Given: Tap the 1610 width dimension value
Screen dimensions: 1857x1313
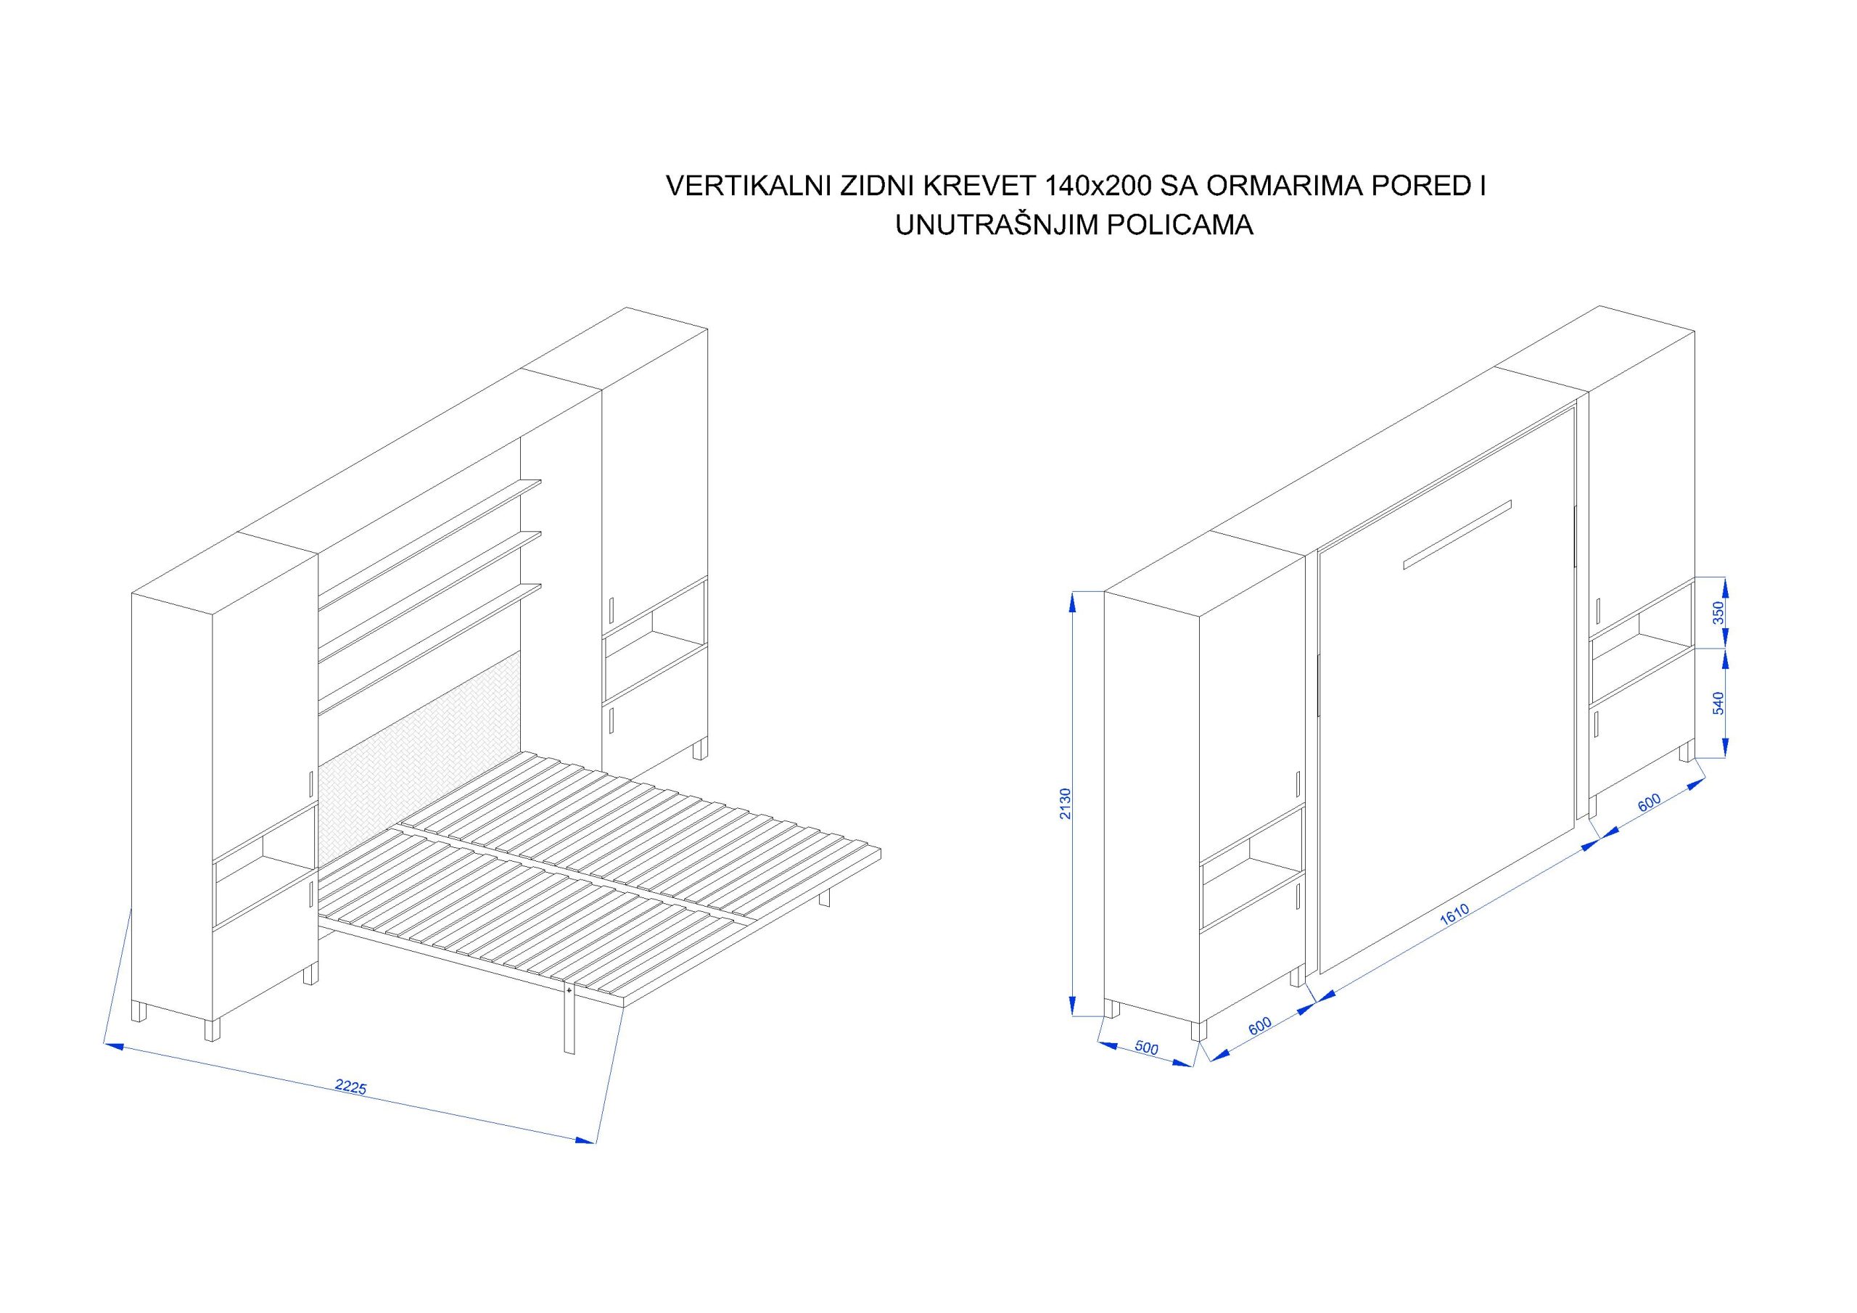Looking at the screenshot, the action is pyautogui.click(x=1454, y=915).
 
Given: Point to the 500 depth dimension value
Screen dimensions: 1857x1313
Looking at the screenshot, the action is pyautogui.click(x=1147, y=1047).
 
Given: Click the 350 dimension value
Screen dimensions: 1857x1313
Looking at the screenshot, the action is pyautogui.click(x=1718, y=612).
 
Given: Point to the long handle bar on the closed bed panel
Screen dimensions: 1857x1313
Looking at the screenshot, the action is pyautogui.click(x=1457, y=535).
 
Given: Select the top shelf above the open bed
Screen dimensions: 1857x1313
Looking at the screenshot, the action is pyautogui.click(x=429, y=540).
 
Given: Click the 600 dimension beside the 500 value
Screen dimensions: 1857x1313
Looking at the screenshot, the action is pyautogui.click(x=1260, y=1026).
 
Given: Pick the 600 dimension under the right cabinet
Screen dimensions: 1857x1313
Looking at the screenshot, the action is pyautogui.click(x=1648, y=802).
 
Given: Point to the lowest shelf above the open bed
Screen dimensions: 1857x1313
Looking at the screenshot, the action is pyautogui.click(x=429, y=645).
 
